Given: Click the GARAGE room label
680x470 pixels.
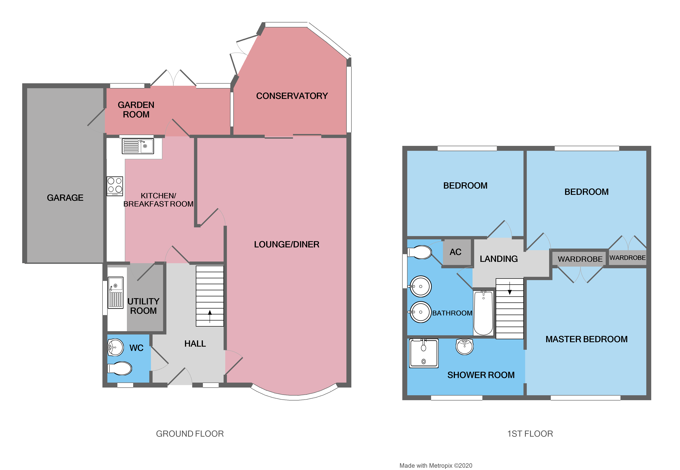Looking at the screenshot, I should (65, 198).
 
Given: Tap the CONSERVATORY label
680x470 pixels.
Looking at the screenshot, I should (292, 96).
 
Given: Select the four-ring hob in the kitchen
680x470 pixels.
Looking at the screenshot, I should (115, 186).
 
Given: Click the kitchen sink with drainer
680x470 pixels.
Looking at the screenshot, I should (138, 146).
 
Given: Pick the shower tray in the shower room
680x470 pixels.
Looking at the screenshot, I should (424, 353).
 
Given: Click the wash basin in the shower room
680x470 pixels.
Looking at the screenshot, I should (464, 347).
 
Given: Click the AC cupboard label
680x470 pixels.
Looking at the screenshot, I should (455, 252).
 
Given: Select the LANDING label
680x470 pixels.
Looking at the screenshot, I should (499, 259).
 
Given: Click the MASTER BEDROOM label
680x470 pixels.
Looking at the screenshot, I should (586, 339).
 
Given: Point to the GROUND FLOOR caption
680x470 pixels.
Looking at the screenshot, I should (190, 434).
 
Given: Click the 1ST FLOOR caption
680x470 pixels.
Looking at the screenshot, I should (530, 434).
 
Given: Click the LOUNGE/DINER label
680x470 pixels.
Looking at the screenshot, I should (287, 244).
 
